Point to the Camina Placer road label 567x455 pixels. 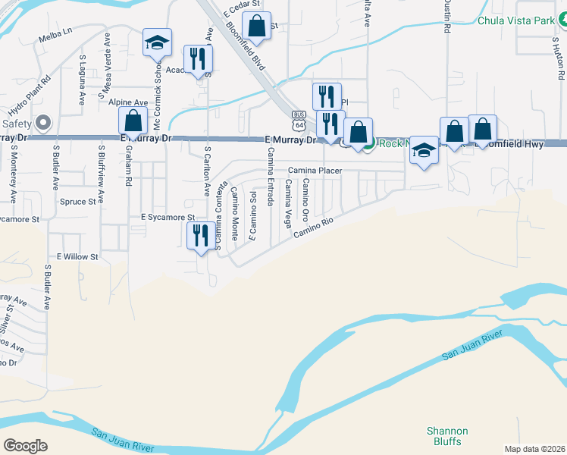click(x=315, y=171)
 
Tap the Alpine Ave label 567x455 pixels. click(x=128, y=102)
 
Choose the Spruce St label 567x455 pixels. click(x=79, y=202)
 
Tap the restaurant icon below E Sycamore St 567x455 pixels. click(x=200, y=234)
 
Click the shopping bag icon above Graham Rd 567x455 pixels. click(x=133, y=121)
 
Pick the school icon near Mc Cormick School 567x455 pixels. click(x=158, y=42)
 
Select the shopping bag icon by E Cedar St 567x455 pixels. click(x=257, y=24)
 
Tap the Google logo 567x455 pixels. click(x=26, y=445)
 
